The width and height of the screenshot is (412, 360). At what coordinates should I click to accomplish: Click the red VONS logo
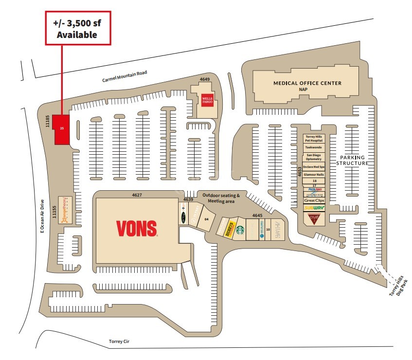click(x=137, y=228)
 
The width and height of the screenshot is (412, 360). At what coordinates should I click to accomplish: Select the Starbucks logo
click(x=240, y=230)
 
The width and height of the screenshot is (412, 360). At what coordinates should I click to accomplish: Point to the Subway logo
click(x=314, y=208)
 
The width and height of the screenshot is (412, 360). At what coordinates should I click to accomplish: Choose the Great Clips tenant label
click(x=314, y=200)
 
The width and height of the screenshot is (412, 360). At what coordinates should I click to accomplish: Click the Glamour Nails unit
click(x=314, y=174)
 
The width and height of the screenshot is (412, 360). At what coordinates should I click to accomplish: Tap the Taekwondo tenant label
click(x=314, y=146)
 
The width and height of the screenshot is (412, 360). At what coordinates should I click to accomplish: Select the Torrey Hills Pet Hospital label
click(x=314, y=139)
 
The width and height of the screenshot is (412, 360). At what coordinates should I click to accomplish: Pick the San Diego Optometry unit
click(x=314, y=157)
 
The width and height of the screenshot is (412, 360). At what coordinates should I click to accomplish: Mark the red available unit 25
click(x=61, y=129)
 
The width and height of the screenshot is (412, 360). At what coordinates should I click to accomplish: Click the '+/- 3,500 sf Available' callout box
click(x=78, y=28)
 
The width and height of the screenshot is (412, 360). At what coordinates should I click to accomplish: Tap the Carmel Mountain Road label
click(x=124, y=76)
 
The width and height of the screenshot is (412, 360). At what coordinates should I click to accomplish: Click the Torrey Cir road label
click(x=121, y=342)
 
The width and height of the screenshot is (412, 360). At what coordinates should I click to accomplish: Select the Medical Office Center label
click(x=307, y=83)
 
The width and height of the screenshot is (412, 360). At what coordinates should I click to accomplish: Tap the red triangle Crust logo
click(x=314, y=219)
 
